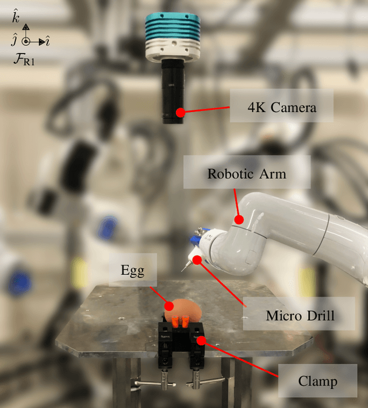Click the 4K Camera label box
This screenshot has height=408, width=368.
[x=282, y=107]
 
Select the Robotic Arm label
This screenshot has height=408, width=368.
[x=247, y=173]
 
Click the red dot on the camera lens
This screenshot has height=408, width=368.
[x=180, y=113]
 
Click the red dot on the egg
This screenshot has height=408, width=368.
[x=169, y=305]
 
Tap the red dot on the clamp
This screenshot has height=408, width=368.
[x=201, y=340]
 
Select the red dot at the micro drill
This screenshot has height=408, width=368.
[x=197, y=260]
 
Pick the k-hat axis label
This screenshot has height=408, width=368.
[x=16, y=17]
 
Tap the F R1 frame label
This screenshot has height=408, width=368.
[x=24, y=59]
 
